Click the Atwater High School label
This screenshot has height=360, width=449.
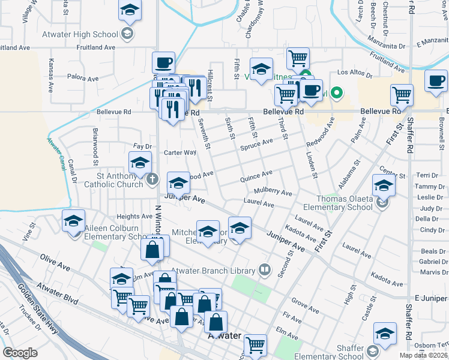80,34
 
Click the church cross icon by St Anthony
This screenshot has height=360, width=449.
152,179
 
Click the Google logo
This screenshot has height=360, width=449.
20,353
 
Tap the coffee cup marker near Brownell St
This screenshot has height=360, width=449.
436,80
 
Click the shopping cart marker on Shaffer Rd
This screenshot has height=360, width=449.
402,95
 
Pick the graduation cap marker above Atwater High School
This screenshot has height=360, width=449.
130,11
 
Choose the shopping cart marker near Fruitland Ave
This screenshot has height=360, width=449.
298,58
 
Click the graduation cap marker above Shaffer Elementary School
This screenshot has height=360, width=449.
385,334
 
